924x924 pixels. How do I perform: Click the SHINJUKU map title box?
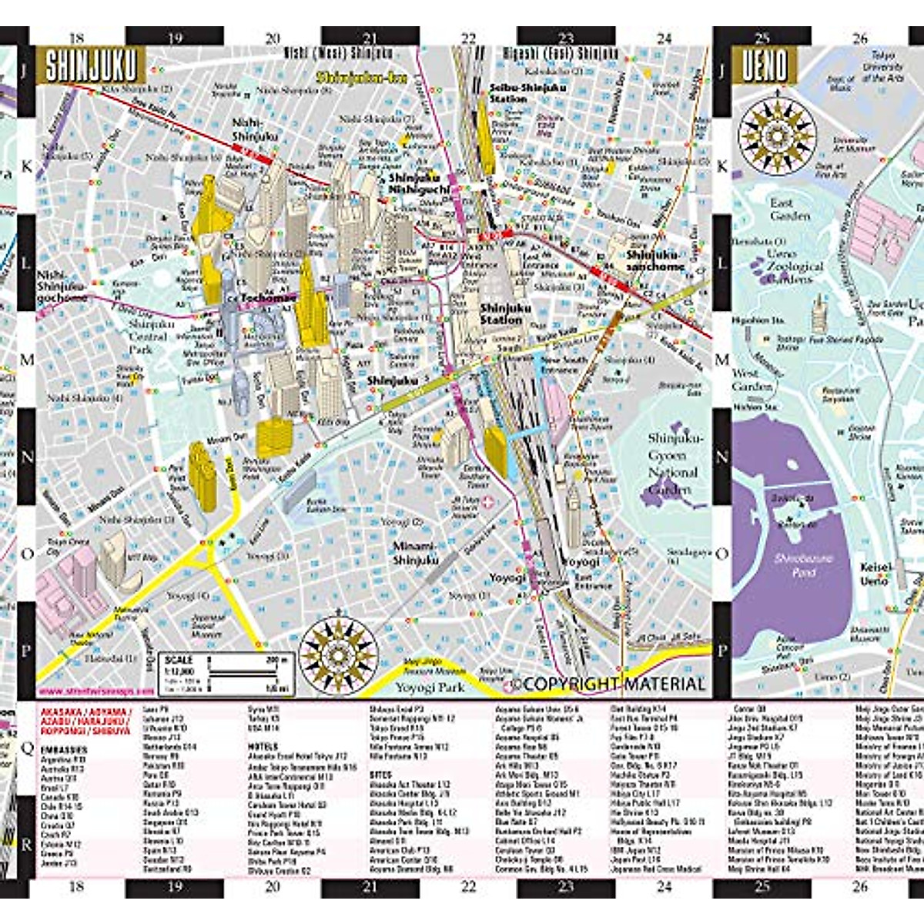tap(91, 65)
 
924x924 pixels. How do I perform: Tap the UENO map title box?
tap(765, 65)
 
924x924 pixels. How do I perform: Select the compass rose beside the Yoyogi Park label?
tap(338, 655)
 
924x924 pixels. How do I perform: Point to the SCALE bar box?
tap(226, 673)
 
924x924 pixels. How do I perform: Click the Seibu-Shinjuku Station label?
tap(527, 93)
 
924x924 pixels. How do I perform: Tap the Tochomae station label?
tap(268, 298)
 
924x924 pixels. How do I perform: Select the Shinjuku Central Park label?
tap(151, 336)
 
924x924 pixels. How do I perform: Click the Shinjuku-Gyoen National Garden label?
tap(675, 463)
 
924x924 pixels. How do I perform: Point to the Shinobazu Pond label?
tap(803, 565)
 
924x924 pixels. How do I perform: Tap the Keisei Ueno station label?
tap(875, 574)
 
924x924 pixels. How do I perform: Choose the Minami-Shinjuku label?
tap(415, 553)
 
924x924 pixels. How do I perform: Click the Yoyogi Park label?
tap(430, 688)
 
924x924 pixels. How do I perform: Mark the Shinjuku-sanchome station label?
tap(654, 260)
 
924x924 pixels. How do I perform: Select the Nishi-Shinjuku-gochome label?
tap(62, 286)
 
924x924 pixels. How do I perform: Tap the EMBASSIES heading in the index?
tap(64, 749)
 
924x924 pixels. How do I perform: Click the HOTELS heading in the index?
tap(263, 746)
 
